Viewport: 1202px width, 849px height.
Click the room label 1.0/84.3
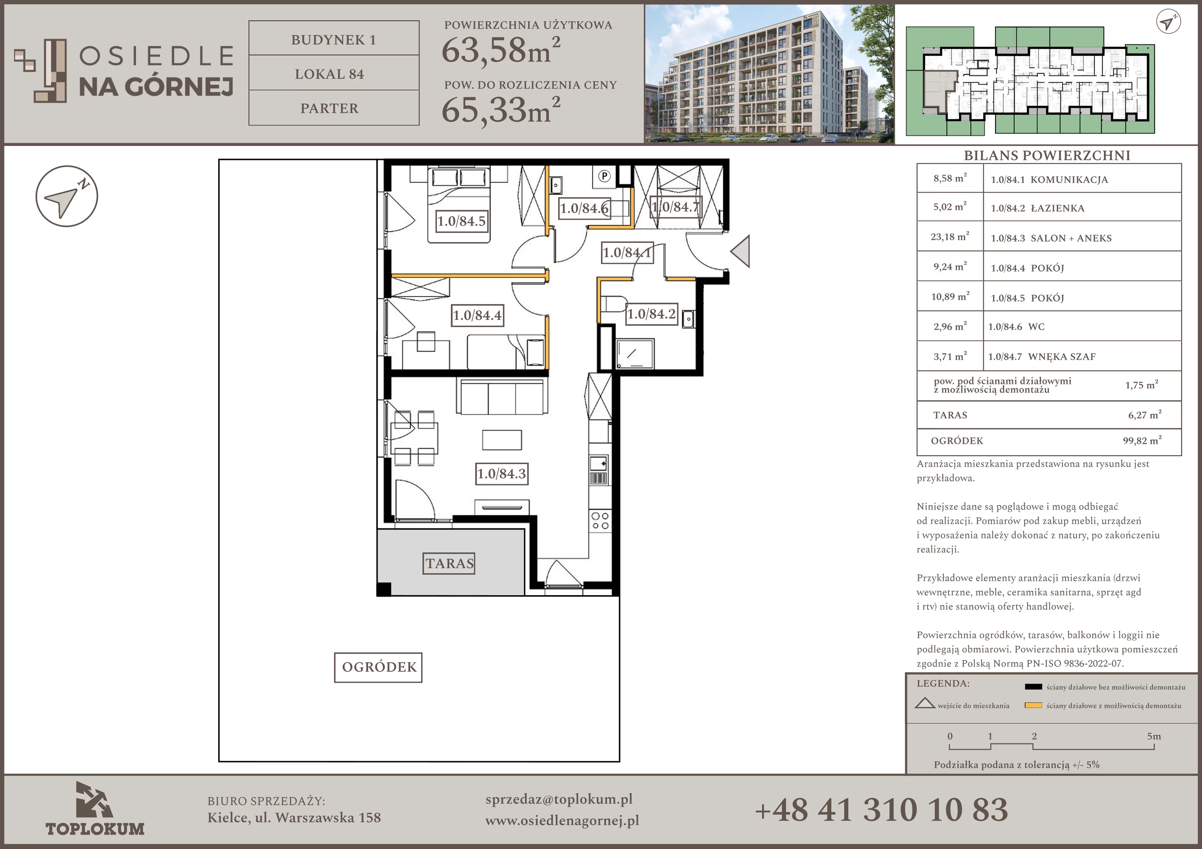point(501,474)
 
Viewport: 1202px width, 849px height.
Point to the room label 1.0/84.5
point(462,221)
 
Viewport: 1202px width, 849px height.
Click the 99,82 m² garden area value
point(1142,440)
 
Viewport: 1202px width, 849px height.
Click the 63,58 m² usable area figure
point(500,50)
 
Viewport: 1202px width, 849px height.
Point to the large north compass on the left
point(66,196)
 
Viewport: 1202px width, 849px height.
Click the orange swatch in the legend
point(1033,706)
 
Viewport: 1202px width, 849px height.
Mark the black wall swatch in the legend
point(1033,687)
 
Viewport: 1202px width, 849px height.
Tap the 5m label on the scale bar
point(1154,736)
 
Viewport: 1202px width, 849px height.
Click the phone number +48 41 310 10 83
point(881,810)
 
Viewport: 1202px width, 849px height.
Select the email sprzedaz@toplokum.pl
point(559,799)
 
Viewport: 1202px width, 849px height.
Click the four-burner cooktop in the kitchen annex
point(600,520)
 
